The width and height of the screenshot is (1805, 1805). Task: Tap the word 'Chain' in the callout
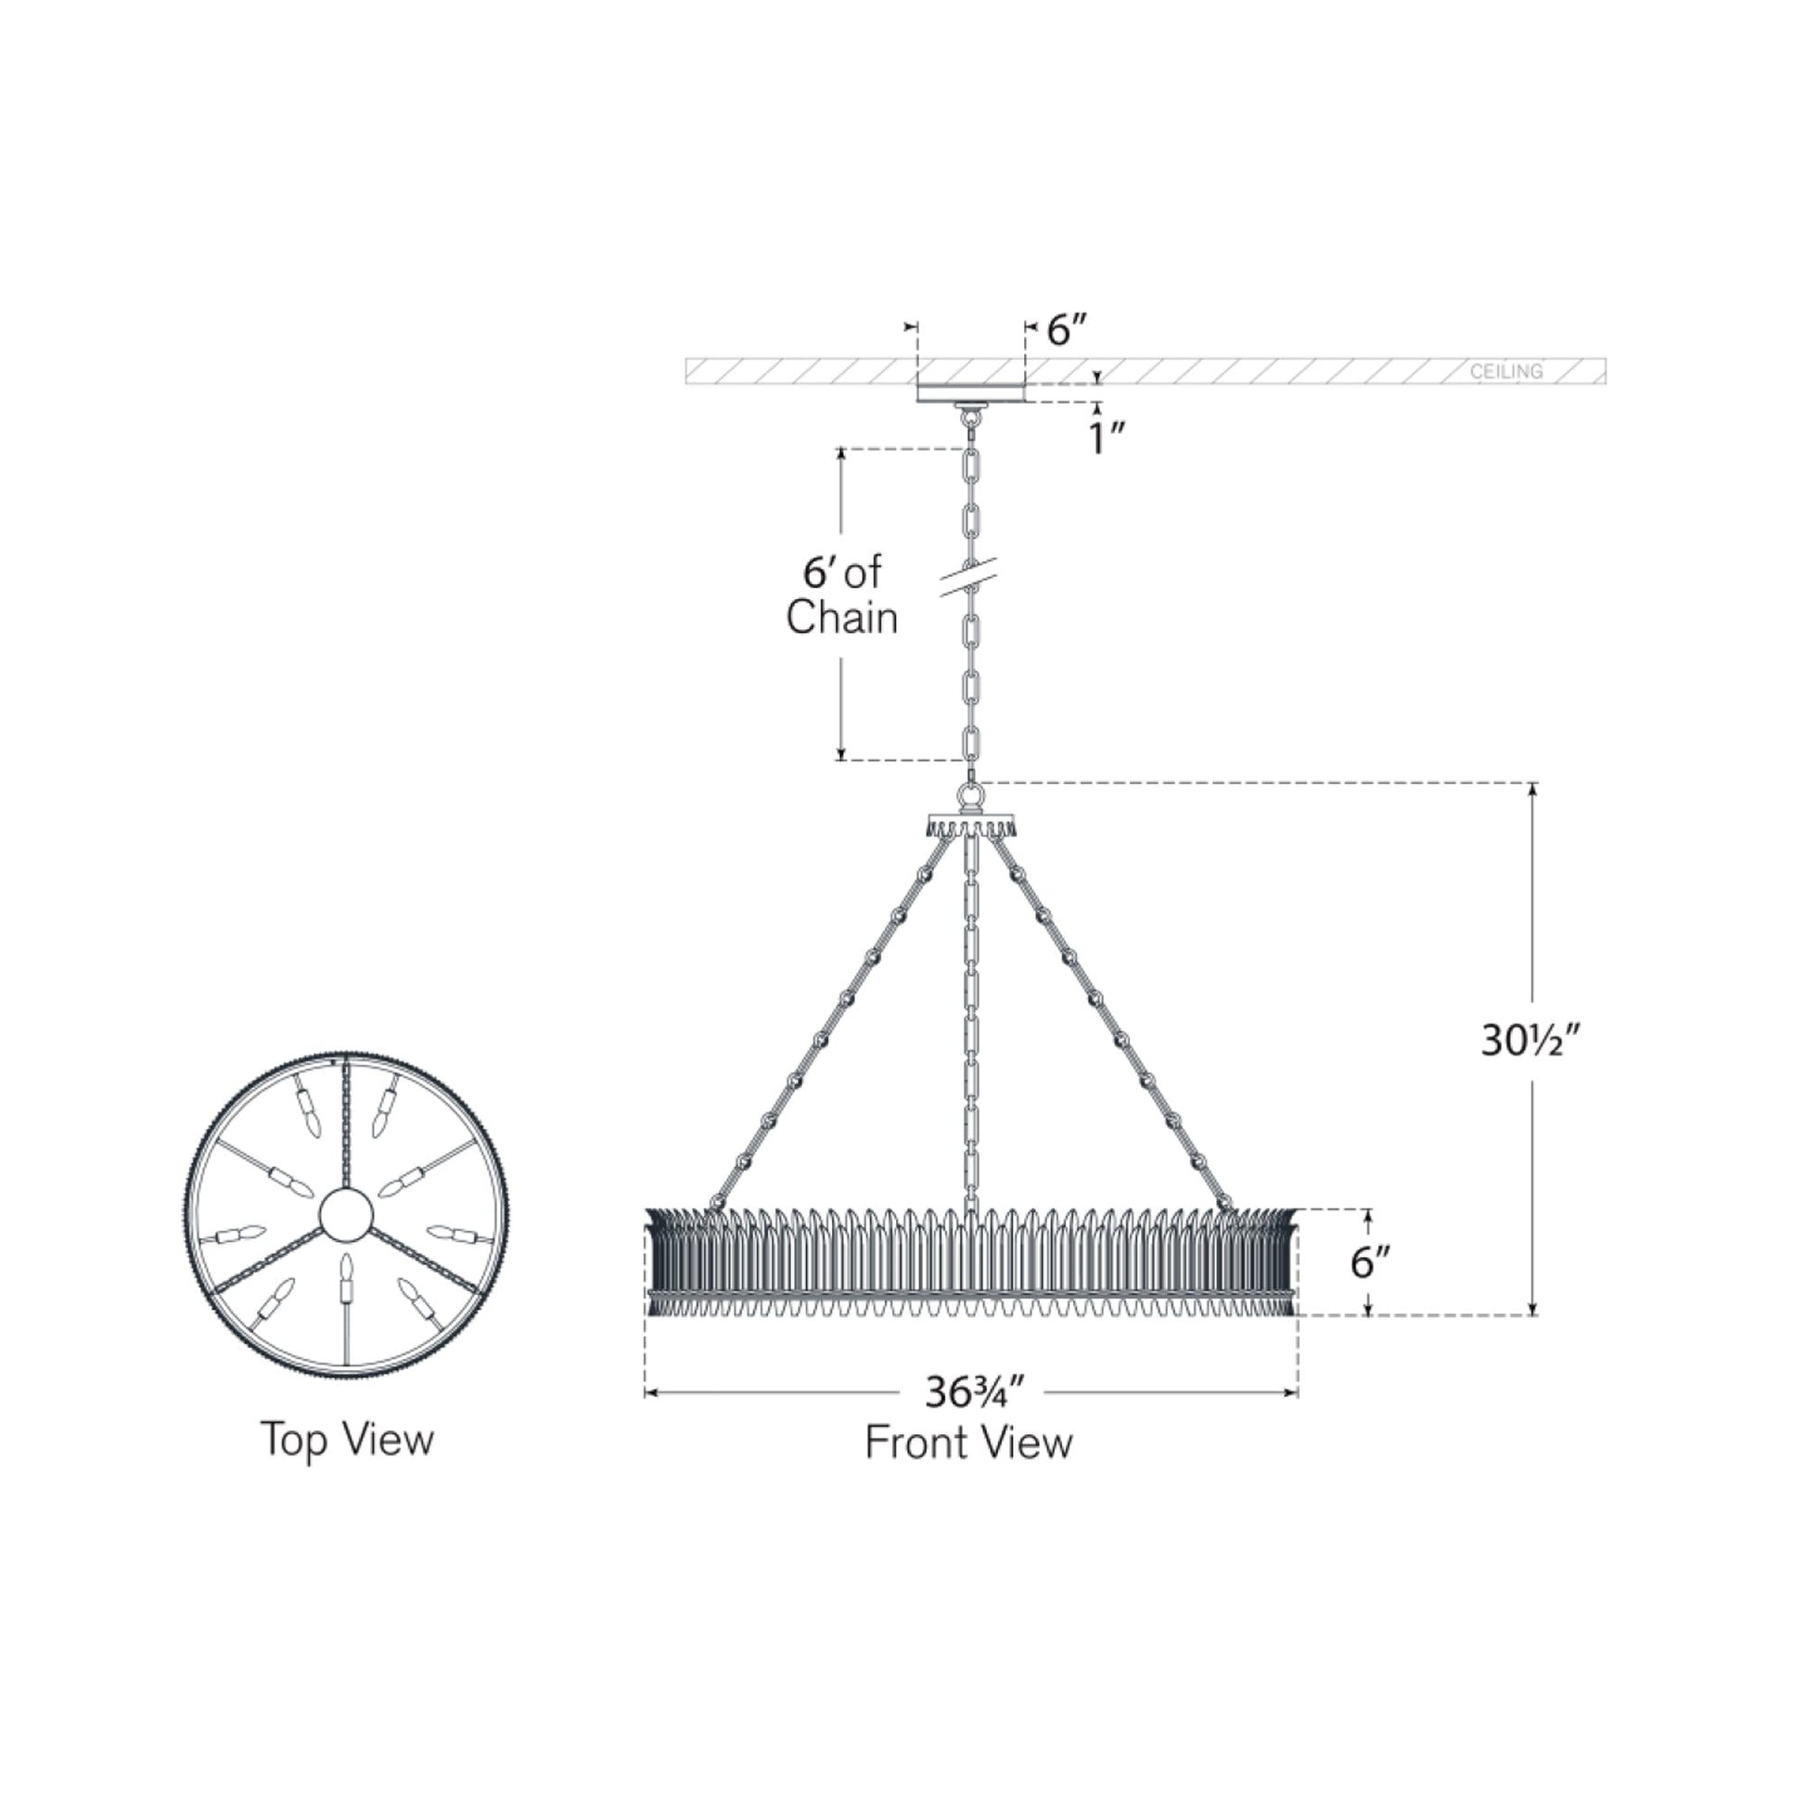[x=842, y=618]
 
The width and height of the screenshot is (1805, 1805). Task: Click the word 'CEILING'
[x=1506, y=371]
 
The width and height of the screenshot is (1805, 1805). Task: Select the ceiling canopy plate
[x=971, y=393]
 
